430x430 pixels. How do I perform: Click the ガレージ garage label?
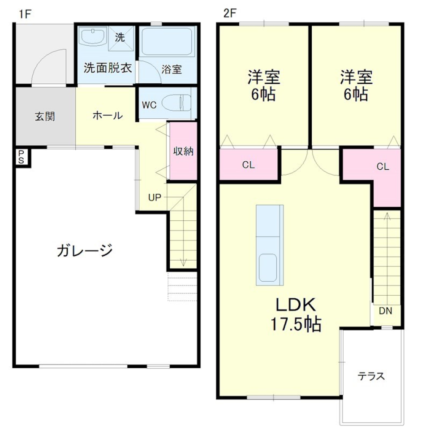(84, 250)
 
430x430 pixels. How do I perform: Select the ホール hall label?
(107, 116)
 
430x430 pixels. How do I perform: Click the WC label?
(149, 105)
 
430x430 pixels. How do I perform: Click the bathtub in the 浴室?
(167, 42)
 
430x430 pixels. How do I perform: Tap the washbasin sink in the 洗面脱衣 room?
(92, 36)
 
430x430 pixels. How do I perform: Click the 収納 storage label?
(183, 151)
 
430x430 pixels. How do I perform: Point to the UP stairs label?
(155, 197)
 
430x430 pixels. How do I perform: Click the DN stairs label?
(386, 311)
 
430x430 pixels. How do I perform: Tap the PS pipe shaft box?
(21, 157)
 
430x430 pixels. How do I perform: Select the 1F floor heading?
(25, 13)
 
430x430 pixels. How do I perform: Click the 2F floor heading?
(229, 13)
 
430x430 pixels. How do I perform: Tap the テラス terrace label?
(371, 376)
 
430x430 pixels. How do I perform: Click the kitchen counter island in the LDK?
(269, 245)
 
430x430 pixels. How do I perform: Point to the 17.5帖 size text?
(296, 324)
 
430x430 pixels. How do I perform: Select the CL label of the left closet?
(249, 165)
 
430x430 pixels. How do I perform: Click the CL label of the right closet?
(383, 167)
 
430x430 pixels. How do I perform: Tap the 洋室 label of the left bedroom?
(264, 77)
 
